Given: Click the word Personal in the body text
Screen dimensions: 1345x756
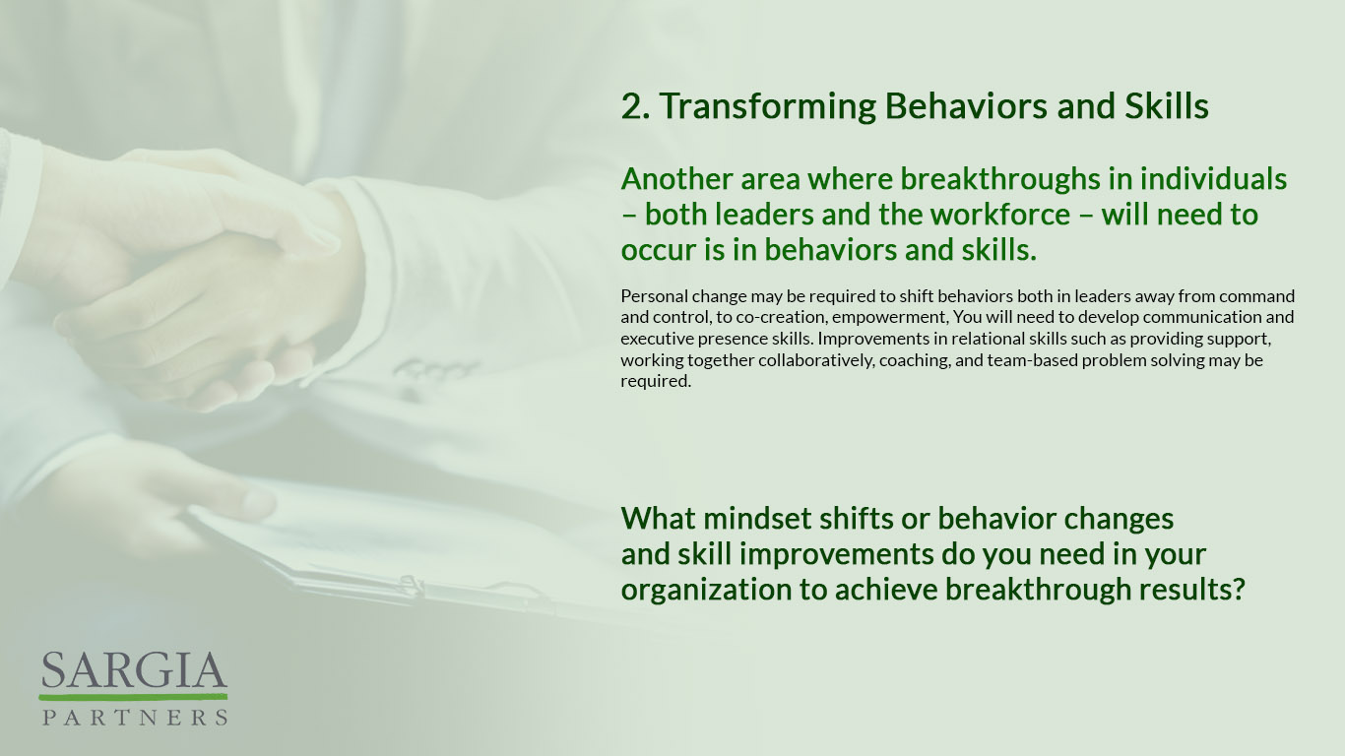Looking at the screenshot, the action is [x=654, y=296].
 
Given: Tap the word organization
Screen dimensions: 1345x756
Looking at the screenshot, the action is [x=706, y=591].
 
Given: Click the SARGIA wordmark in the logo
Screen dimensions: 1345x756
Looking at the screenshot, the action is [x=135, y=670].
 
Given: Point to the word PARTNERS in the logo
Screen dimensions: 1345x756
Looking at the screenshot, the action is [x=135, y=717].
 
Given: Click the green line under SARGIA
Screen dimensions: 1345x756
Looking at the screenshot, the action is [x=133, y=697].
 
